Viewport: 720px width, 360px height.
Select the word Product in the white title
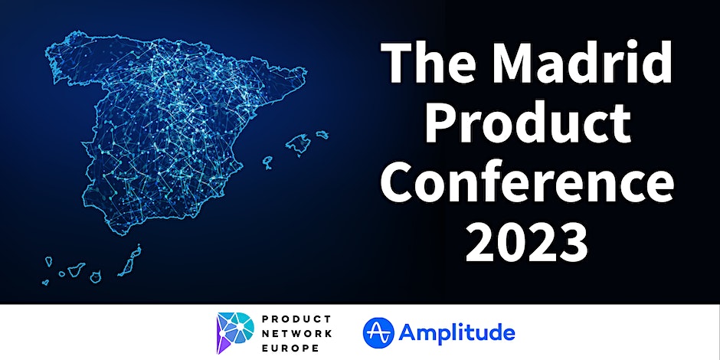[527, 121]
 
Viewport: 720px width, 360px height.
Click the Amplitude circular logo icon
[378, 332]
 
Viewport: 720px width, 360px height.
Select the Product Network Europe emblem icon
[235, 332]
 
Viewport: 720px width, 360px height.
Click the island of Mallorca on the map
[299, 144]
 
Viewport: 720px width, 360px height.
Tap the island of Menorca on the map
[322, 135]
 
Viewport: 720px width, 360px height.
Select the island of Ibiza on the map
[268, 162]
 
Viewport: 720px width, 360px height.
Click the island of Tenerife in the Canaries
[77, 269]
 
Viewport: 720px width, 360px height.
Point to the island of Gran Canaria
[96, 277]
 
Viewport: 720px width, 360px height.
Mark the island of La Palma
[48, 262]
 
